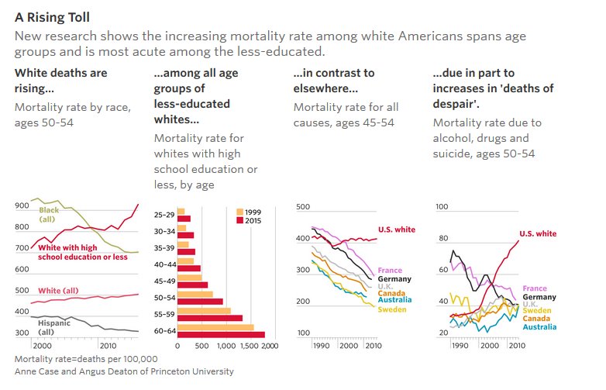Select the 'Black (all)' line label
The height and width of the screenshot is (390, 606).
[x=49, y=215]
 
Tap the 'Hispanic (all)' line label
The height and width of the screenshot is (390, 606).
[x=54, y=327]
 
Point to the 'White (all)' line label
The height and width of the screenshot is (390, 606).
[x=60, y=291]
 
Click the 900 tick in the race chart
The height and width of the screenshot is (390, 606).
[x=23, y=207]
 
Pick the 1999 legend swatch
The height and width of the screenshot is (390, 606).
[x=239, y=211]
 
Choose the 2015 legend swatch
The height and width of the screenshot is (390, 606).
[x=239, y=220]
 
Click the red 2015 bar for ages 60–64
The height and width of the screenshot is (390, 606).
[x=221, y=335]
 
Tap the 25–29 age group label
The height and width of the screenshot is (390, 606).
[x=164, y=214]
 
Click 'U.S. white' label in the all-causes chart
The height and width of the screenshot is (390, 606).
[x=396, y=230]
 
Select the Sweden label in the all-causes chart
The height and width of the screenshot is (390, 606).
[x=391, y=310]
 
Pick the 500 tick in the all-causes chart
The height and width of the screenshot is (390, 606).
[x=303, y=207]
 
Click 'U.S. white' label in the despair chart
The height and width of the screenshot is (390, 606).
[x=537, y=234]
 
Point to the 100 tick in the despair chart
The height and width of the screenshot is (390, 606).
[x=442, y=207]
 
